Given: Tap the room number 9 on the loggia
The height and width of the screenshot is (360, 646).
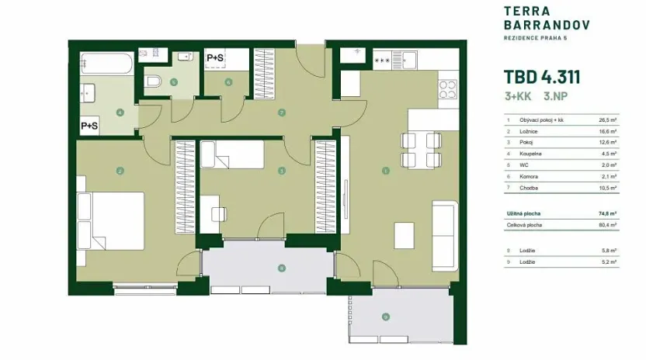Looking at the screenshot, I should [385, 316].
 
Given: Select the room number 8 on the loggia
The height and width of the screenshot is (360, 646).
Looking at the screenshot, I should [282, 268].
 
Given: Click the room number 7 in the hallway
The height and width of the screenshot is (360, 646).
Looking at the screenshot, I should [282, 112].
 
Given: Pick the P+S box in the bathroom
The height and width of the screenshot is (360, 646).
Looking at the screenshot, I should [89, 125].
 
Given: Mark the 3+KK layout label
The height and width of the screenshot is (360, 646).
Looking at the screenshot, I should [518, 97].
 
